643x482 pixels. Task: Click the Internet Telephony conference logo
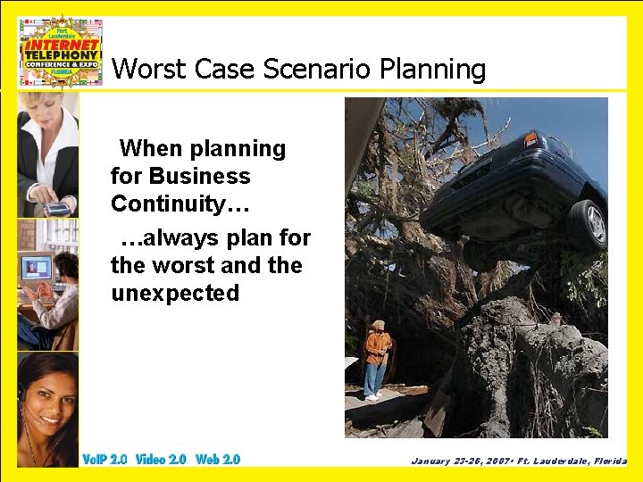pyautogui.click(x=61, y=51)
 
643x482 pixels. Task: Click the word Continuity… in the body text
pyautogui.click(x=180, y=204)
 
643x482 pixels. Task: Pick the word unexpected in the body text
pyautogui.click(x=175, y=293)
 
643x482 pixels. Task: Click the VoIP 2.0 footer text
pyautogui.click(x=104, y=460)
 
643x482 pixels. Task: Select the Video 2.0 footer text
pyautogui.click(x=161, y=460)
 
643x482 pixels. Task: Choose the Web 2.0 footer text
pyautogui.click(x=218, y=460)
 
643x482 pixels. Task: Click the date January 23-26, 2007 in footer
pyautogui.click(x=458, y=461)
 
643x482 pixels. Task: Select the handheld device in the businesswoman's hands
pyautogui.click(x=57, y=209)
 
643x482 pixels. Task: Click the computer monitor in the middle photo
pyautogui.click(x=35, y=269)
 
